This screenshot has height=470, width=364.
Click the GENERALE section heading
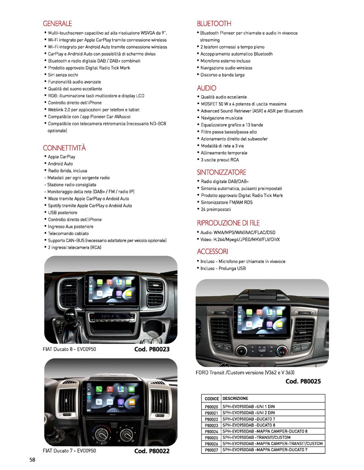click(x=57, y=24)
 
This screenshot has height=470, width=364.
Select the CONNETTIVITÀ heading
click(x=64, y=148)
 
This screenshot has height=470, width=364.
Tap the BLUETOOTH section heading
click(x=214, y=24)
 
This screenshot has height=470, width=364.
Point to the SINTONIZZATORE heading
click(x=221, y=172)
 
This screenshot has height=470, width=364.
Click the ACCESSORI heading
click(x=212, y=251)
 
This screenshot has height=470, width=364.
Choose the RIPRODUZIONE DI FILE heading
click(x=228, y=223)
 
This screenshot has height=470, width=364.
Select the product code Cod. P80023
click(x=152, y=350)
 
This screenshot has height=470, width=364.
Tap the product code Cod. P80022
click(x=152, y=451)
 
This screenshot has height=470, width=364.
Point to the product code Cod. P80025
click(x=303, y=381)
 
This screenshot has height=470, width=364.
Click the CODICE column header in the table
click(x=212, y=399)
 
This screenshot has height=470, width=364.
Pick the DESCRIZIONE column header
click(x=235, y=399)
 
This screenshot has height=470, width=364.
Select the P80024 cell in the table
click(x=212, y=431)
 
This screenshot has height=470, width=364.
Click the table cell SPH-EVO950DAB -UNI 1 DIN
click(x=248, y=406)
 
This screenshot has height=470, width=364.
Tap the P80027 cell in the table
click(x=212, y=450)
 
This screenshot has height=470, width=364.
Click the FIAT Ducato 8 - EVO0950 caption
click(x=69, y=350)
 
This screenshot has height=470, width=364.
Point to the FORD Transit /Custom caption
click(x=245, y=372)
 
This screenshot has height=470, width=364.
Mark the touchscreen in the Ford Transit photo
click(x=262, y=321)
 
